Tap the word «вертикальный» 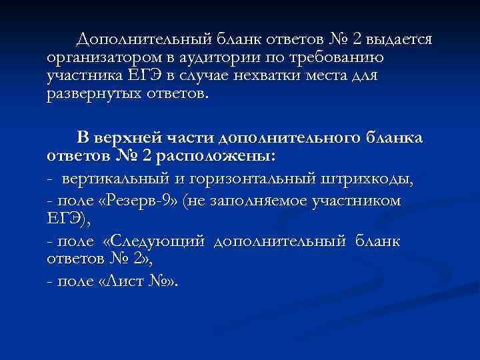tap(113, 180)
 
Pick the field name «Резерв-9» tap(146, 201)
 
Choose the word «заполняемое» tap(262, 201)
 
